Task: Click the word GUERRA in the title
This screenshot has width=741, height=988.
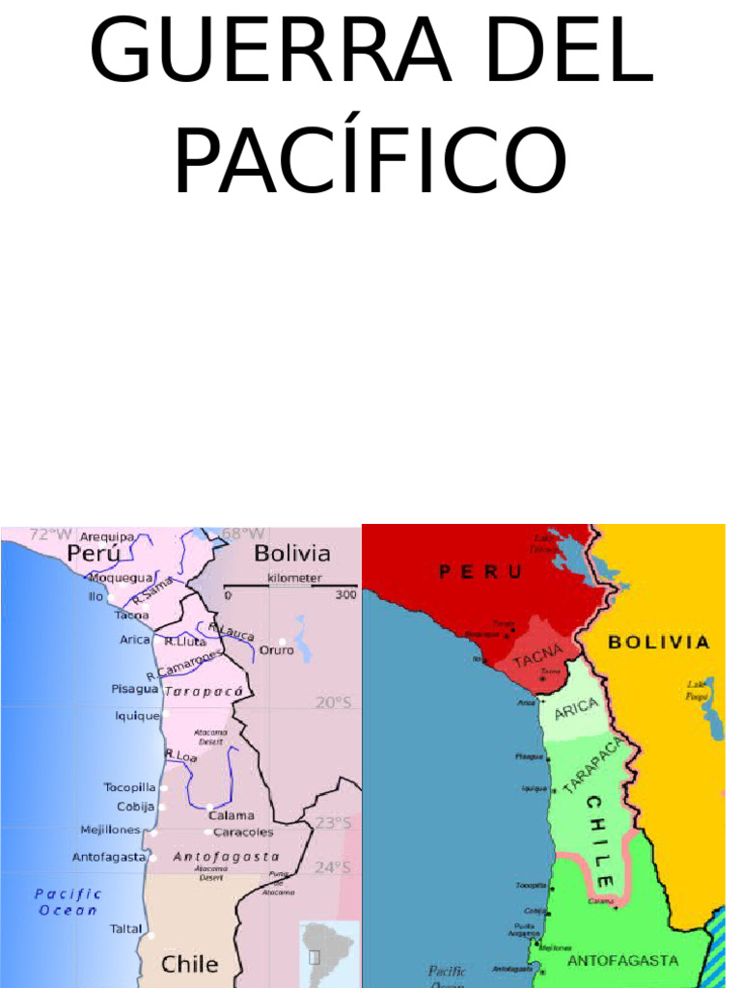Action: pyautogui.click(x=270, y=50)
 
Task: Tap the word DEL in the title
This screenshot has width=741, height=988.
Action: pyautogui.click(x=569, y=50)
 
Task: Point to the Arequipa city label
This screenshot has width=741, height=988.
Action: pyautogui.click(x=107, y=536)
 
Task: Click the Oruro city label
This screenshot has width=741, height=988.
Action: pyautogui.click(x=277, y=650)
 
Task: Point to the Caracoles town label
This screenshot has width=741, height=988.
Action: pyautogui.click(x=243, y=832)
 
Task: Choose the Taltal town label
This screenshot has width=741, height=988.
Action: pyautogui.click(x=125, y=930)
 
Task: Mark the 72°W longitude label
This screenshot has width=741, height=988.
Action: pyautogui.click(x=50, y=534)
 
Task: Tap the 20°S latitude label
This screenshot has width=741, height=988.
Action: pyautogui.click(x=334, y=702)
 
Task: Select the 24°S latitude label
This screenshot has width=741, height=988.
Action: pyautogui.click(x=334, y=867)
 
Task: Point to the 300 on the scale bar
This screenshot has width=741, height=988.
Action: pyautogui.click(x=345, y=596)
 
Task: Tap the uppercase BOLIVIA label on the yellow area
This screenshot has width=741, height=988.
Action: pyautogui.click(x=659, y=642)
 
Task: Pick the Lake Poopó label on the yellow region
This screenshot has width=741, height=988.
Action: pyautogui.click(x=697, y=689)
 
